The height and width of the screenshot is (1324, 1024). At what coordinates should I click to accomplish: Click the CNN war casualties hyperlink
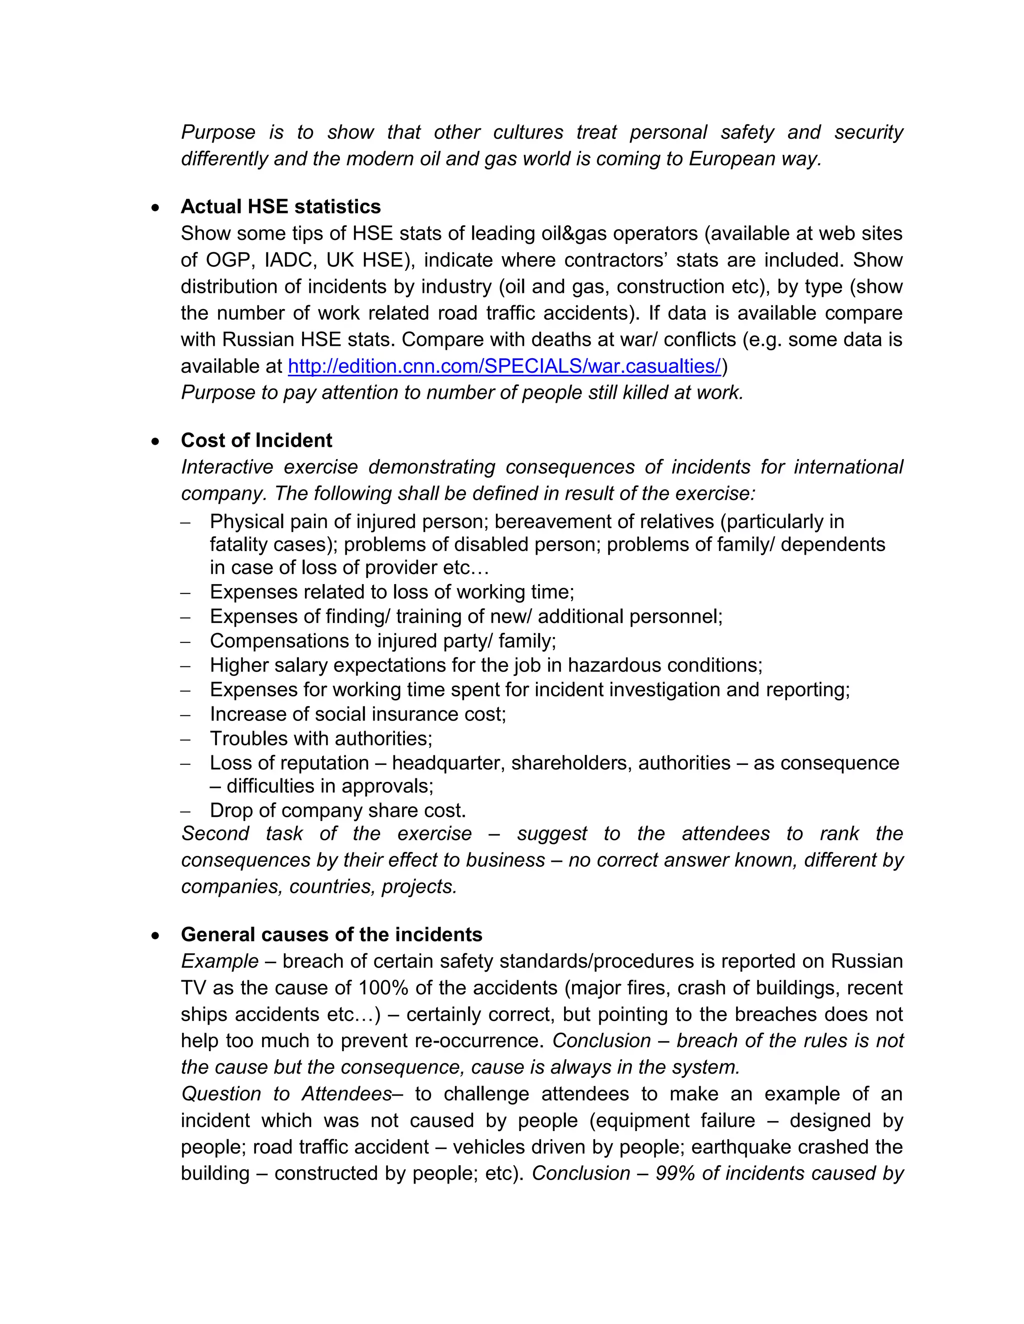(504, 366)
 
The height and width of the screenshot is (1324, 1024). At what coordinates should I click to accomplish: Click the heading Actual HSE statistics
(280, 207)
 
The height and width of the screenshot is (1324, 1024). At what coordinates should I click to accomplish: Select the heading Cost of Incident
(256, 440)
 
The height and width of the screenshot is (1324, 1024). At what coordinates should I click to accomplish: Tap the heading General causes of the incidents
(331, 934)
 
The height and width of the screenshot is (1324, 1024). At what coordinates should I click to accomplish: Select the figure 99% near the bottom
(675, 1173)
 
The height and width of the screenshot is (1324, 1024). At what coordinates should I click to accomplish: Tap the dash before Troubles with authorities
(185, 739)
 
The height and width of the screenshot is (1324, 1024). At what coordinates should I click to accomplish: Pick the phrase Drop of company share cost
(338, 810)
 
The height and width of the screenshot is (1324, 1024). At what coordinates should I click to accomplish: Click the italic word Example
(219, 961)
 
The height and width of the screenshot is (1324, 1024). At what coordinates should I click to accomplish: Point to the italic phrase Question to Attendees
(286, 1094)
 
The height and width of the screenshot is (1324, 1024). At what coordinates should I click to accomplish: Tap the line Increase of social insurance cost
(358, 714)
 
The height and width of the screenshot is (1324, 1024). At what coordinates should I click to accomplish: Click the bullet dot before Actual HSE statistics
(156, 208)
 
